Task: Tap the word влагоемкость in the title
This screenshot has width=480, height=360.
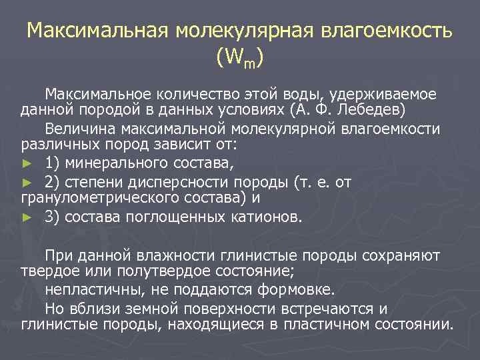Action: [387, 31]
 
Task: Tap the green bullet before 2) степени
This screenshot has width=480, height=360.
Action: [27, 182]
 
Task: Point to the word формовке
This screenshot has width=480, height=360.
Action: [301, 290]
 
